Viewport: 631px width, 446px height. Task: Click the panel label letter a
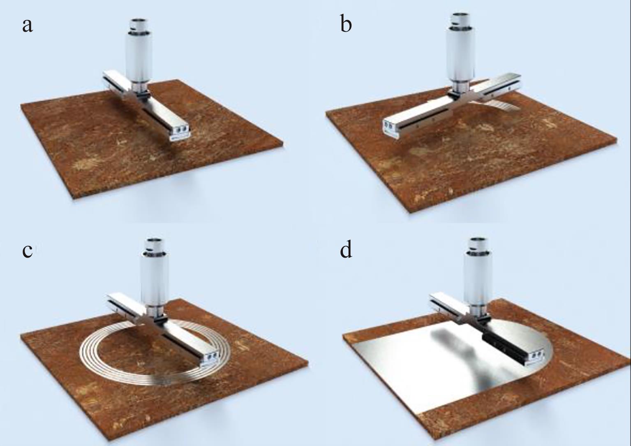27,26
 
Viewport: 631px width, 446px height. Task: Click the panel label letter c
27,251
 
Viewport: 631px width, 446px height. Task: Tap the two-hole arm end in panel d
534,357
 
